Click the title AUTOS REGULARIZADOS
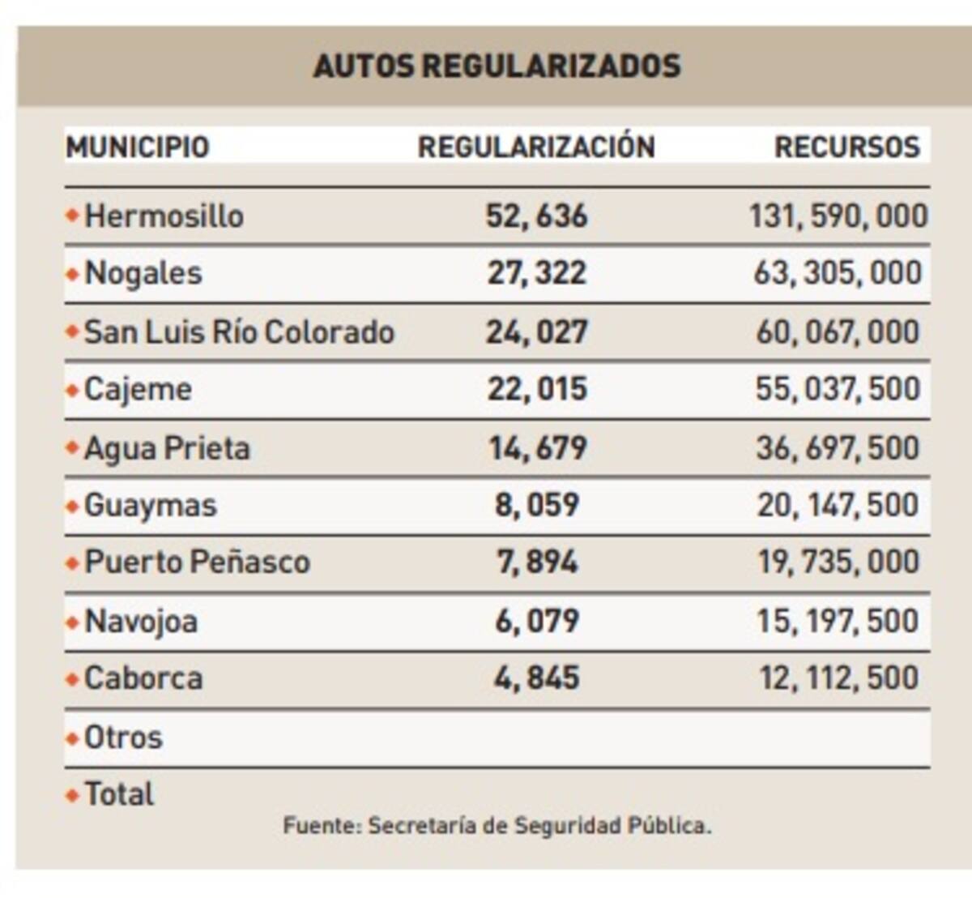coord(497,66)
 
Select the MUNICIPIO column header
coord(138,148)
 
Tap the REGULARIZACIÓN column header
coord(536,148)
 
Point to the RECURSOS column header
coord(846,148)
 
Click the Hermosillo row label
coord(164,216)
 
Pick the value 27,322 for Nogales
coord(536,273)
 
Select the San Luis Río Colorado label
coord(239,332)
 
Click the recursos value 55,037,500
coord(838,389)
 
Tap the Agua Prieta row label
coord(167,448)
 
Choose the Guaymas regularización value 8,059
coord(537,505)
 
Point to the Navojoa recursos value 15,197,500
coord(838,621)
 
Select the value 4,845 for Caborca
coord(537,678)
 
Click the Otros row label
coord(123,738)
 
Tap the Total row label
coord(119,794)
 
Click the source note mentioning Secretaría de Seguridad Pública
coord(497,826)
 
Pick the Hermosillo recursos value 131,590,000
coord(838,216)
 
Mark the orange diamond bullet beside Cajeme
coord(72,391)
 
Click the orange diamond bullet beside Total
coord(72,795)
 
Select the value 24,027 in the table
coord(536,332)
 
